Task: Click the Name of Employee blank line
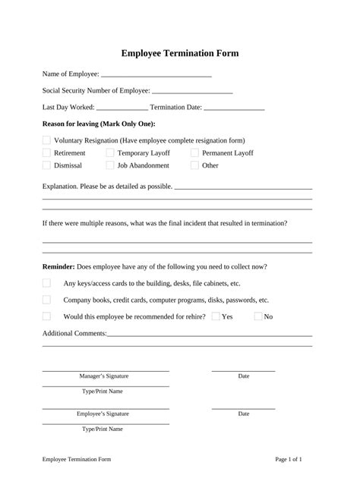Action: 156,75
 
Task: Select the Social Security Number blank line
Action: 192,92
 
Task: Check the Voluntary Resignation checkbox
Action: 46,140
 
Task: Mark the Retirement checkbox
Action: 46,153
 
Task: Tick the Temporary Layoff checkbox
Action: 110,153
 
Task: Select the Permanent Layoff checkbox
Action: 194,153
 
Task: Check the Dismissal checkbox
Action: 46,165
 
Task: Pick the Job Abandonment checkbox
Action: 110,165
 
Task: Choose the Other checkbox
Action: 194,165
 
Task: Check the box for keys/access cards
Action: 46,283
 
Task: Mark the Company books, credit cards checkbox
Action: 46,300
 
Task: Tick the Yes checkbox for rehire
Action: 216,316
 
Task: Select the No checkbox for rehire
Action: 258,316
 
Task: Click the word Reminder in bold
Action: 58,266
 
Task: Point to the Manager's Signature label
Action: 104,376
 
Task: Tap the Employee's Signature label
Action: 103,414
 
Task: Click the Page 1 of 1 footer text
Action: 289,460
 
